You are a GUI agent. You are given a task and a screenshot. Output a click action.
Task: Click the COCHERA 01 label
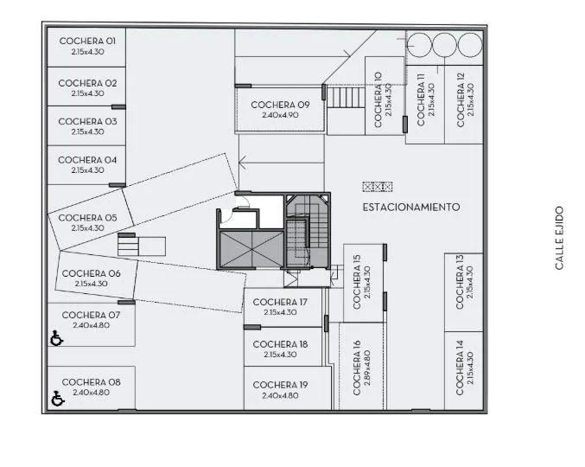coord(87,41)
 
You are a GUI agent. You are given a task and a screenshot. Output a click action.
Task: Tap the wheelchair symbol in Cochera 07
coord(56,338)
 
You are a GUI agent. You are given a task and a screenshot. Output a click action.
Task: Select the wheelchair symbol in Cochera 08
coord(57,399)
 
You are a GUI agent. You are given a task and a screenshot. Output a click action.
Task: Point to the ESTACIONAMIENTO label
coord(411,208)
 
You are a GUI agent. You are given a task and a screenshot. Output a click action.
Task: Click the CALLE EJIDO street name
coord(559,238)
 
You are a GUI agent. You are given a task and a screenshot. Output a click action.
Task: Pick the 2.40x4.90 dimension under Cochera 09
coord(280,115)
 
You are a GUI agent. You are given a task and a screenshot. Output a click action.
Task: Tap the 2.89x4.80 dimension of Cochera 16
coord(366,368)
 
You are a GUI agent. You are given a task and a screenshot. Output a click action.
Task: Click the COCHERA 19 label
coord(280,385)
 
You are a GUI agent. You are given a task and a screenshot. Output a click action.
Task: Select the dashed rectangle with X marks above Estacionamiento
coord(378,186)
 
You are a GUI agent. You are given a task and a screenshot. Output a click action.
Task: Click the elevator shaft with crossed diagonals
coord(251,249)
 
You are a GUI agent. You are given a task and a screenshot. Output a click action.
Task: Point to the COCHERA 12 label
coord(461,99)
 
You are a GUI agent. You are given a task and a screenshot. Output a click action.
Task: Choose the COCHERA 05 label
coord(87,218)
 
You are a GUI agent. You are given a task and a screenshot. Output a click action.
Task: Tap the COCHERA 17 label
coord(280,302)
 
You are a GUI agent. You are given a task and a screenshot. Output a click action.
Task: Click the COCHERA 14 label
coord(459,368)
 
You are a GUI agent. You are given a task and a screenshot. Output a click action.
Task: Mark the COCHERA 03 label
coord(87,122)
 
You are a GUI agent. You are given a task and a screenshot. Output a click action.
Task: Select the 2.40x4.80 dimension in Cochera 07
coord(91,325)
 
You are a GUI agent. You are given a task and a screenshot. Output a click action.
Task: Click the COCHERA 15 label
coord(357,282)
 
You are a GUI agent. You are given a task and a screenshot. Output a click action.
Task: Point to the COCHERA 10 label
coord(378,99)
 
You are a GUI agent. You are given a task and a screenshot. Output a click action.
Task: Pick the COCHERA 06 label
coord(91,273)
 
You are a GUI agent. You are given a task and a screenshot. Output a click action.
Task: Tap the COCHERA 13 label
coord(459,282)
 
